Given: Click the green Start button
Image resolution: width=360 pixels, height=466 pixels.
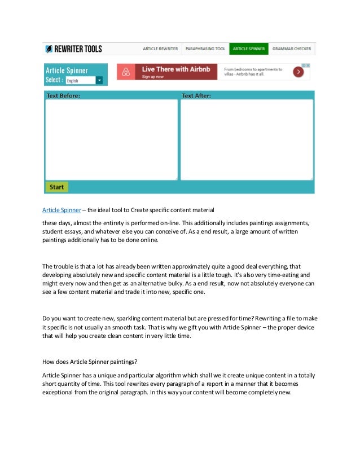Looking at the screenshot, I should (56, 187).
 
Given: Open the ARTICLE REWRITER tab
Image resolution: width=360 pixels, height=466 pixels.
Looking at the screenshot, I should (160, 49).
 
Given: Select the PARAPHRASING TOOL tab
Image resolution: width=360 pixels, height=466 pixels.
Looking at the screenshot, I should (205, 49).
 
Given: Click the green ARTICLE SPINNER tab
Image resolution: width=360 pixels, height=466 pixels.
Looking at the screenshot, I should (249, 49).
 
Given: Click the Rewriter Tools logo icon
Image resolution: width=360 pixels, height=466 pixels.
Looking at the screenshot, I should (50, 49).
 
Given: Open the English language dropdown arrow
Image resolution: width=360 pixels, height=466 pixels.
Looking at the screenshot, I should (100, 81).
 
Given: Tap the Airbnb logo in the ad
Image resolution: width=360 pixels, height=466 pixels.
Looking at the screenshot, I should (128, 72).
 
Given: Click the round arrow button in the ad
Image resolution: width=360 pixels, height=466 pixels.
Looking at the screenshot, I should (298, 72).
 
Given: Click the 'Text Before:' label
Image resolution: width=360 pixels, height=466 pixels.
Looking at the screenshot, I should (63, 96).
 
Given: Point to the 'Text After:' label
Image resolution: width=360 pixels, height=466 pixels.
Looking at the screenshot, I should (196, 96).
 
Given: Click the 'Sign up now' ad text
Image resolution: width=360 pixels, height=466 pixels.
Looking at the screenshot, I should (152, 76).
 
